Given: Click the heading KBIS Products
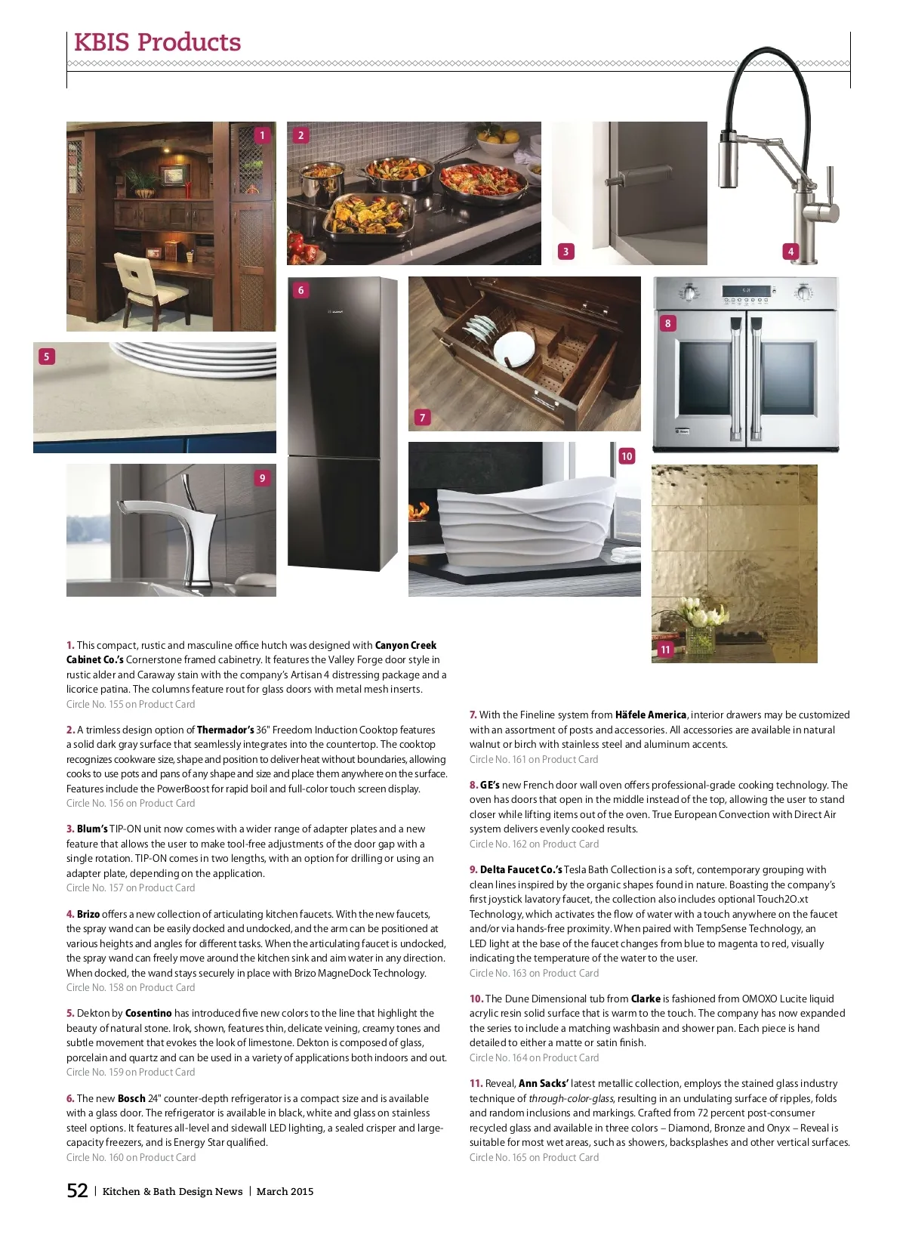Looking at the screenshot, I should [157, 42].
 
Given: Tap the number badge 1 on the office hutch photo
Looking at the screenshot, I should [262, 135].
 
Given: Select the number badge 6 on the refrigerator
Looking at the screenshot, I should [300, 290].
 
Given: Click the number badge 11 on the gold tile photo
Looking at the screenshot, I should [665, 650].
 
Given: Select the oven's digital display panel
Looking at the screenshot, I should [745, 291].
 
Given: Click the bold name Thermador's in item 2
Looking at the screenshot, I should [225, 730].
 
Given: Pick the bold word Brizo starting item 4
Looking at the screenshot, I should [88, 914].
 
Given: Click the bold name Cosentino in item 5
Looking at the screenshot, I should [148, 1013].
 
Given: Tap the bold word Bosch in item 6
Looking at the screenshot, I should [131, 1098].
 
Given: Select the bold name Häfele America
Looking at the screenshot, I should [650, 715].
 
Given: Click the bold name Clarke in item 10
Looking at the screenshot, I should [646, 999].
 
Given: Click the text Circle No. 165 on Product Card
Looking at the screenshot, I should [534, 1157].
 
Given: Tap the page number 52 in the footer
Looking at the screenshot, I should [78, 1191].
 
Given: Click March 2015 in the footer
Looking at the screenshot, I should [285, 1192].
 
